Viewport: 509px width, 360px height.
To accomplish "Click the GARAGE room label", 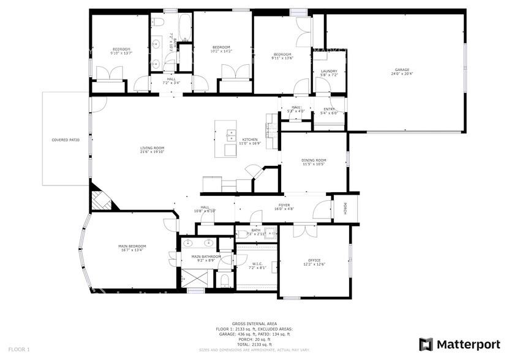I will pos(402,70).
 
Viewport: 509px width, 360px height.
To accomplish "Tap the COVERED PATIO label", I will pos(66,140).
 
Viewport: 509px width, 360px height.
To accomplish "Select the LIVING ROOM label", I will pos(152,148).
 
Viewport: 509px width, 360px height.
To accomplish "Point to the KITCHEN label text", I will pos(250,140).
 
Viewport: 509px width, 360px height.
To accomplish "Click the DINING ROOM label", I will pos(314,160).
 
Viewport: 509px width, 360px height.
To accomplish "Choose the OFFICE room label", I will pos(314,260).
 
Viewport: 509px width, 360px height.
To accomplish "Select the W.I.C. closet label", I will pos(257,264).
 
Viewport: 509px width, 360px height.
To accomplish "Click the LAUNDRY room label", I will pos(329,72).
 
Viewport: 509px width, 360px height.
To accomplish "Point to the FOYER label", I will pos(284,205).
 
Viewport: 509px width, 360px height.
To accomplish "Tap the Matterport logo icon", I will pos(426,344).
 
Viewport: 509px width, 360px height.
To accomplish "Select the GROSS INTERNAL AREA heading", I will pos(254,323).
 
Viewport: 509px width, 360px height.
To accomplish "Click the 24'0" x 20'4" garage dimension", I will pos(402,74).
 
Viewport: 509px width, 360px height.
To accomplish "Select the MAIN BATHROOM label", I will pos(202,257).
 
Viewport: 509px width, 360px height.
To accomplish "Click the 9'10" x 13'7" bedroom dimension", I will pos(121,53).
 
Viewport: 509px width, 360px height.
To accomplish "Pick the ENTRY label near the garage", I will pos(329,109).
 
